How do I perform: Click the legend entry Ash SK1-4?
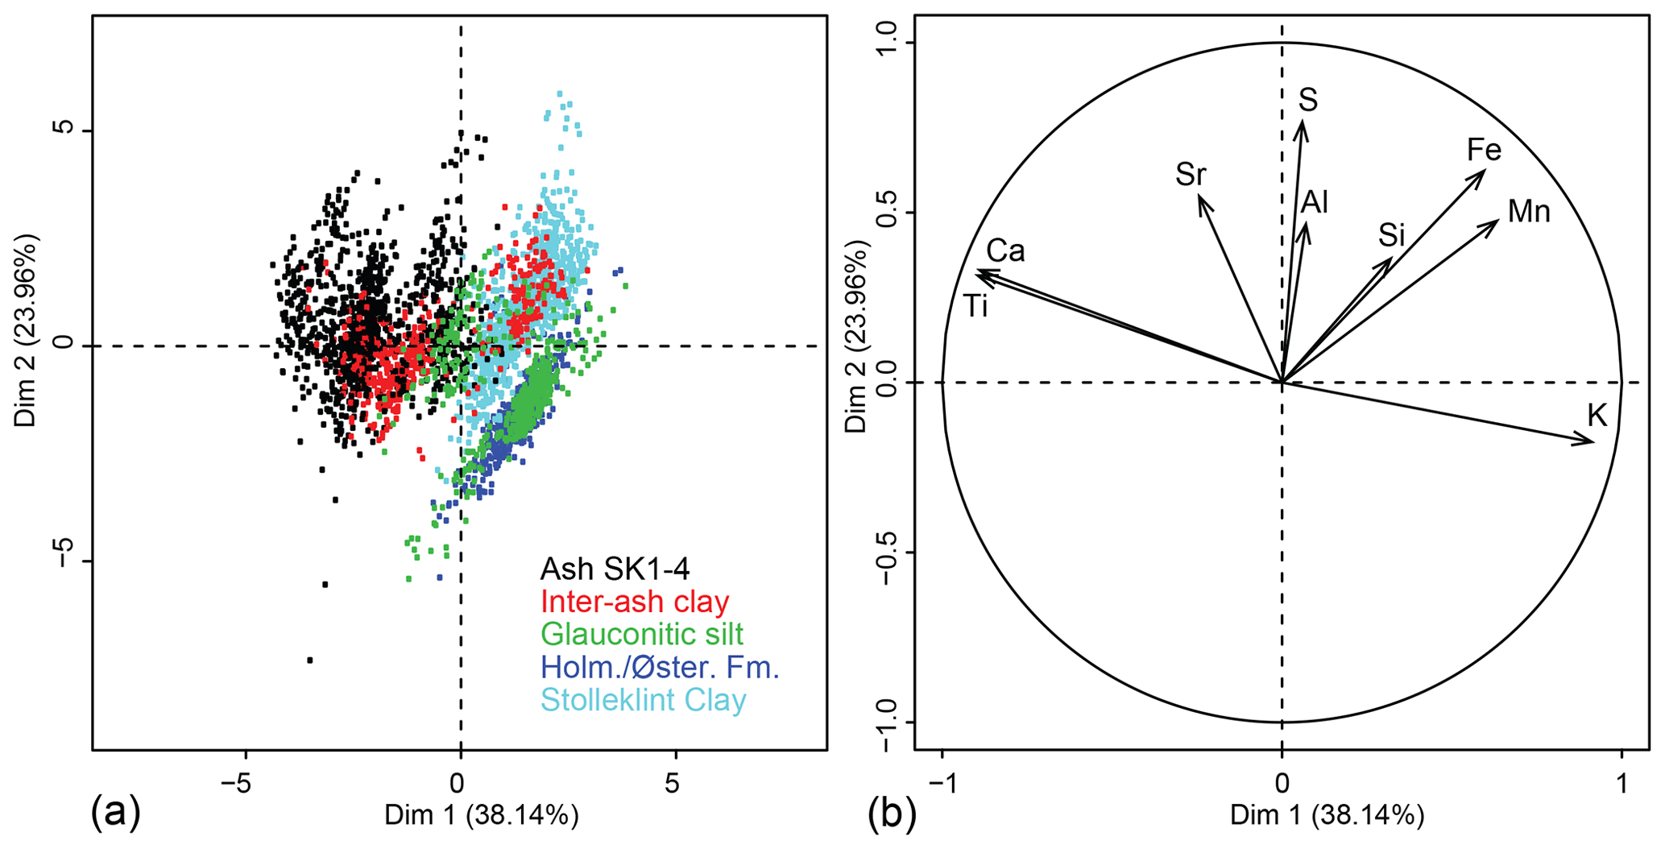point(615,569)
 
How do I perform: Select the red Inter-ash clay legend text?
point(635,602)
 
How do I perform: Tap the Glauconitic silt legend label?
point(641,635)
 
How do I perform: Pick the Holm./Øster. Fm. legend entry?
point(660,668)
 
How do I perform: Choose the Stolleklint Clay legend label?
point(643,700)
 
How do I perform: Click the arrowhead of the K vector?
point(1590,441)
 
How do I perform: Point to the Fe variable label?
point(1484,151)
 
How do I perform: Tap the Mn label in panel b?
point(1528,212)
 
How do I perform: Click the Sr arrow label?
point(1191,175)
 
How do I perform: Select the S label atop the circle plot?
point(1308,101)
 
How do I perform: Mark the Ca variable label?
point(1005,251)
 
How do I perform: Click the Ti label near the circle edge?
point(975,307)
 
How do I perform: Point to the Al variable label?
point(1315,203)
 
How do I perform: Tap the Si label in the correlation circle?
point(1391,236)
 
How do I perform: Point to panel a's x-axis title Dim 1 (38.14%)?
point(481,816)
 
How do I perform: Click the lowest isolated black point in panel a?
point(309,661)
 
